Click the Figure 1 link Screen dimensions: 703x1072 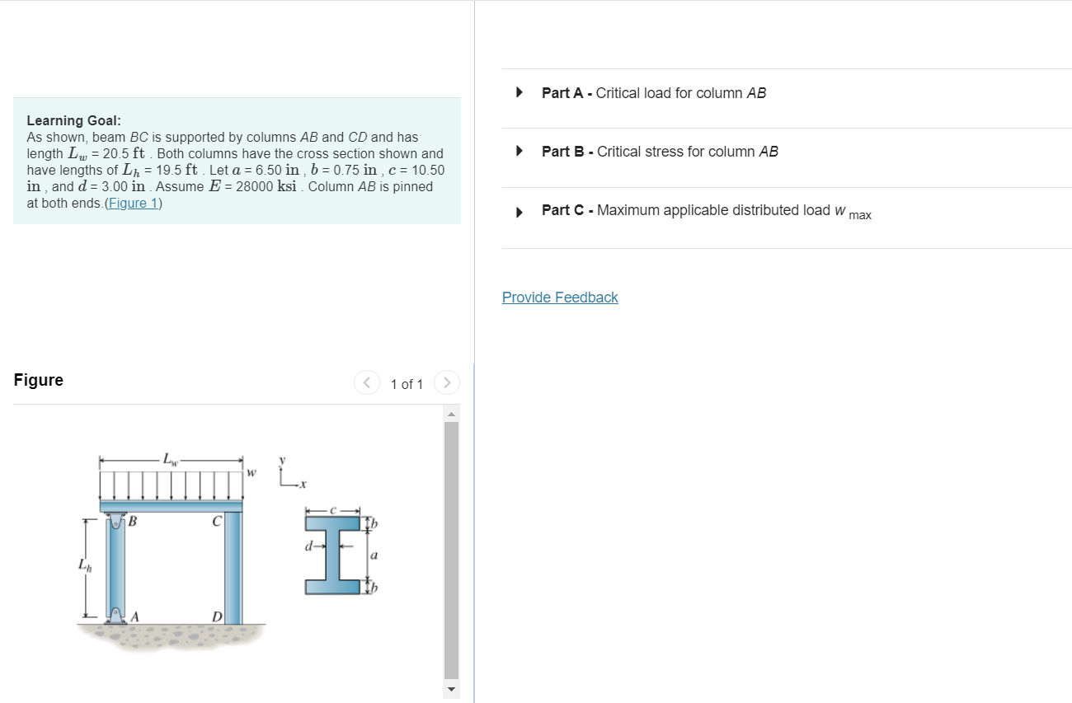[x=134, y=203]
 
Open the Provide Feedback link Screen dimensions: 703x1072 [x=560, y=298]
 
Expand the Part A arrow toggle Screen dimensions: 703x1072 [x=519, y=92]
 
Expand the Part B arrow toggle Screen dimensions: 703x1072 [x=519, y=151]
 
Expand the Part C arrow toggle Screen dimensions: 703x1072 [x=519, y=211]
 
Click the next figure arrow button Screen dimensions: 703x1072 [x=446, y=383]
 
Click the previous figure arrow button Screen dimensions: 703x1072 [x=366, y=383]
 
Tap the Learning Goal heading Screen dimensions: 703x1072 [x=73, y=120]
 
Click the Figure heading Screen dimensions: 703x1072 [x=38, y=380]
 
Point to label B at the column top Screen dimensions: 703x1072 [x=132, y=521]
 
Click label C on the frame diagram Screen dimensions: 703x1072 [x=216, y=521]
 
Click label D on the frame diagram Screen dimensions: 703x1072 [x=217, y=616]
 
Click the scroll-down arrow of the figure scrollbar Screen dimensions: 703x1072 [x=451, y=688]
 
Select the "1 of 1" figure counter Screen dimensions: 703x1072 [x=407, y=384]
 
